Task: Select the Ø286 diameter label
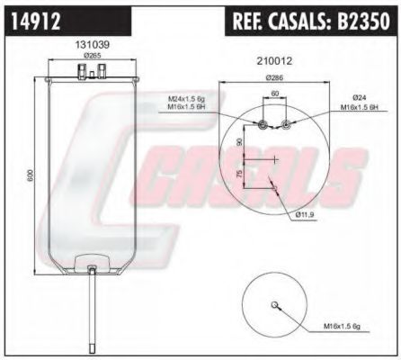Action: click(274, 78)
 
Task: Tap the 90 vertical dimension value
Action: click(239, 143)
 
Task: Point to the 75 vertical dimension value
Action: click(238, 174)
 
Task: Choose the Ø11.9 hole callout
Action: click(304, 214)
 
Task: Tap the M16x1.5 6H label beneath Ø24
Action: click(358, 108)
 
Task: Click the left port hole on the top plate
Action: click(263, 125)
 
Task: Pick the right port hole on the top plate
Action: click(285, 125)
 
